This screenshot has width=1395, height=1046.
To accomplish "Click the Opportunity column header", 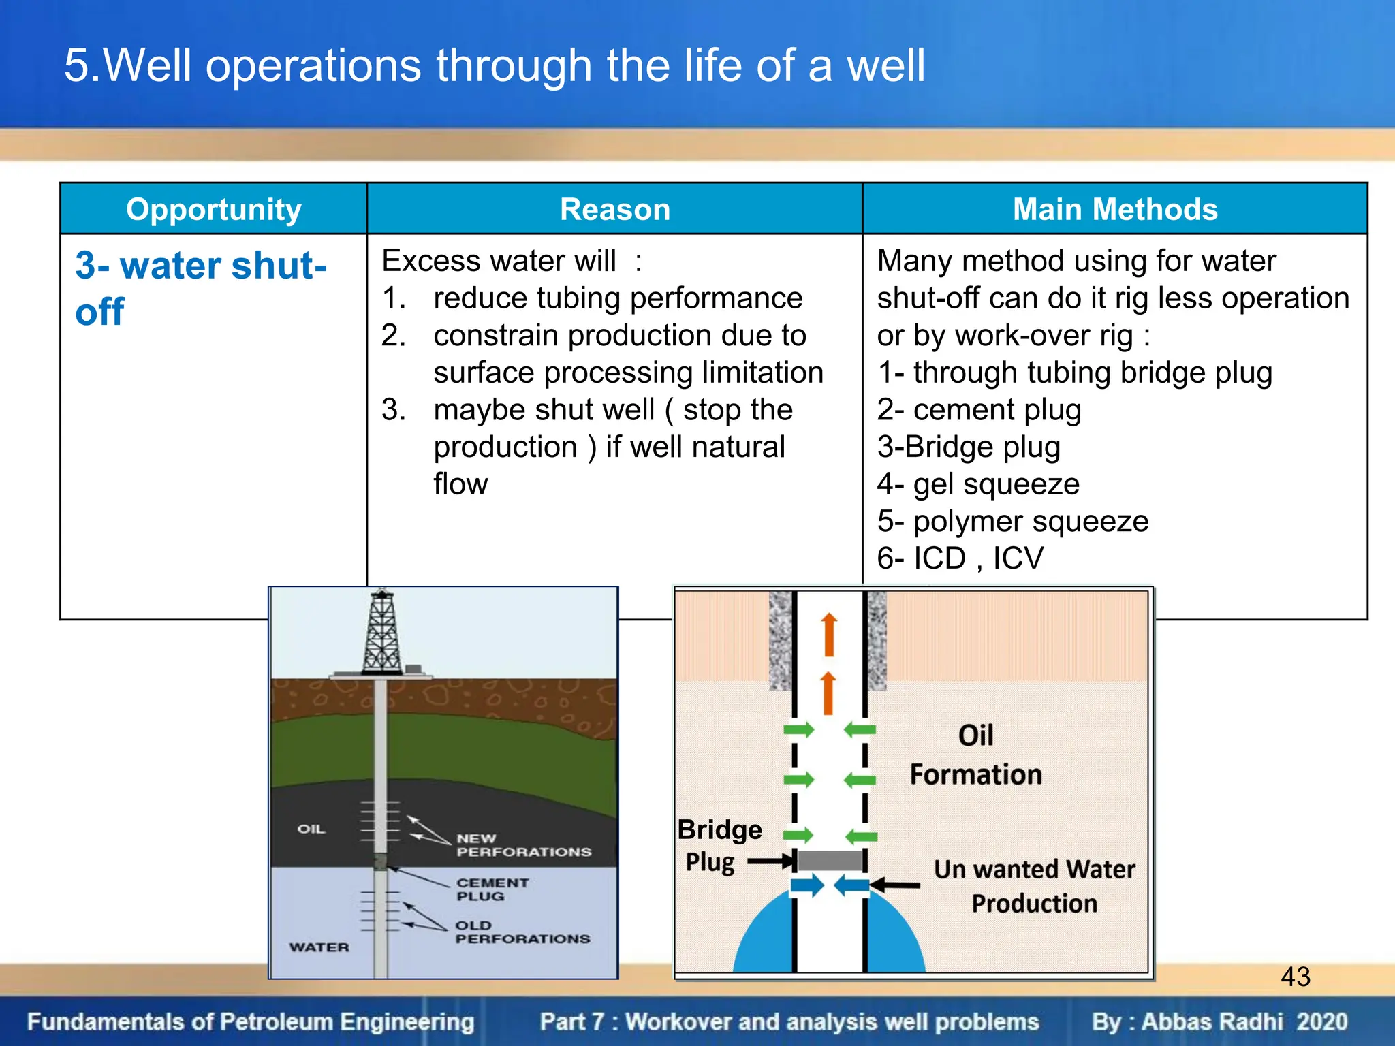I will (213, 209).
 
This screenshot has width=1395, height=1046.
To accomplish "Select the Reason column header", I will (614, 209).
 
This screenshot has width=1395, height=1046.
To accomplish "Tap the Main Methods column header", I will (1114, 209).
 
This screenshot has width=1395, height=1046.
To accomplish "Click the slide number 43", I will (1295, 977).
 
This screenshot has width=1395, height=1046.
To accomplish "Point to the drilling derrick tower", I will (381, 633).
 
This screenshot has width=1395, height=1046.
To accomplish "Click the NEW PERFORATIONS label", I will (523, 845).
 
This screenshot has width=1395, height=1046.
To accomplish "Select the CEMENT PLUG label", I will (492, 889).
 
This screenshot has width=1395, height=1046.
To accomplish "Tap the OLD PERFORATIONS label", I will (522, 932).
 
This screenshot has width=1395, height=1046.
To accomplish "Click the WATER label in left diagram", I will (319, 947).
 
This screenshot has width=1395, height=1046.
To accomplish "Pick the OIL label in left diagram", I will (311, 829).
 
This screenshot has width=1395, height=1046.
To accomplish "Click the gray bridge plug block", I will (830, 860).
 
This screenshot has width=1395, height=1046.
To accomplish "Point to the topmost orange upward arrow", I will (828, 634).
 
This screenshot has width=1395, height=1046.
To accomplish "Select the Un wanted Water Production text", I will (1034, 886).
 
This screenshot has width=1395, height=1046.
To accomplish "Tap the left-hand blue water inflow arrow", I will (806, 886).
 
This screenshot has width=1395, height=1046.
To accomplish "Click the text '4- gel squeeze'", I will (978, 484).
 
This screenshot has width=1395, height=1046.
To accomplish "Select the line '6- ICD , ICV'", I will (960, 558).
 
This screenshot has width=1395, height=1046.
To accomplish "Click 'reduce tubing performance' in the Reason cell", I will (617, 298).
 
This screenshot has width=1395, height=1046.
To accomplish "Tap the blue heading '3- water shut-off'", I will (200, 287).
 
